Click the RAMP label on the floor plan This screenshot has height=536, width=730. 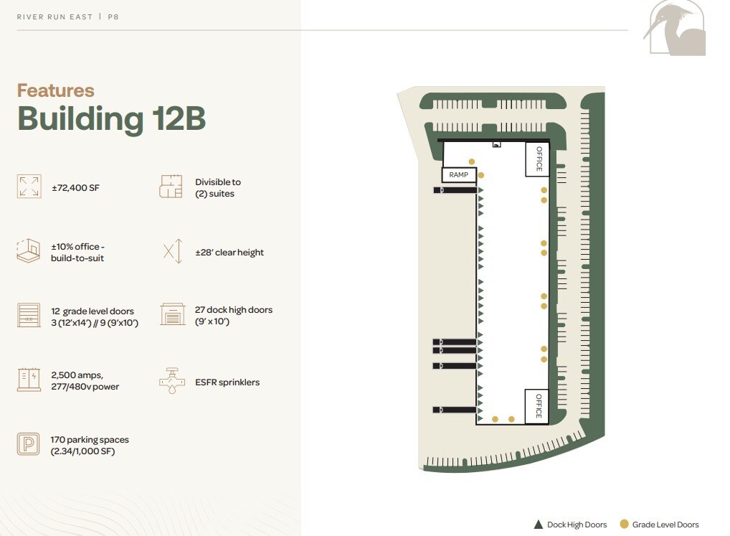[458, 174]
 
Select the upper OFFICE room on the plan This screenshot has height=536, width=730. [537, 159]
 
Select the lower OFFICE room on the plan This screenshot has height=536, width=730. [537, 406]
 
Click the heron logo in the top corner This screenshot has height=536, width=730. [677, 29]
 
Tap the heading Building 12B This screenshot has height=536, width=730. [111, 118]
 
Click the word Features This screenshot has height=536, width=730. [55, 90]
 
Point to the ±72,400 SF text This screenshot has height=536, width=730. [75, 188]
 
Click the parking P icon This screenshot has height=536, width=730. [29, 444]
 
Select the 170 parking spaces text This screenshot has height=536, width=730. [90, 445]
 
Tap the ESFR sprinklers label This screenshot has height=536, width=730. [227, 382]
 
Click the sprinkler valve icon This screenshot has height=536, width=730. [171, 381]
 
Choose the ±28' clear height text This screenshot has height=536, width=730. [229, 253]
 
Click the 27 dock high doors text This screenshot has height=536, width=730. [234, 316]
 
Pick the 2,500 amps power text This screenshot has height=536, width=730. [85, 380]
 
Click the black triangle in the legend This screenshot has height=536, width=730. [538, 525]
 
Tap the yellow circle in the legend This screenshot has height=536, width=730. [624, 525]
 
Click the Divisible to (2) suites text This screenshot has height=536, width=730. [217, 188]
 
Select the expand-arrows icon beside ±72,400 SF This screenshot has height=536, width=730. [29, 187]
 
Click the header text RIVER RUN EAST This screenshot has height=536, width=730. [54, 17]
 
